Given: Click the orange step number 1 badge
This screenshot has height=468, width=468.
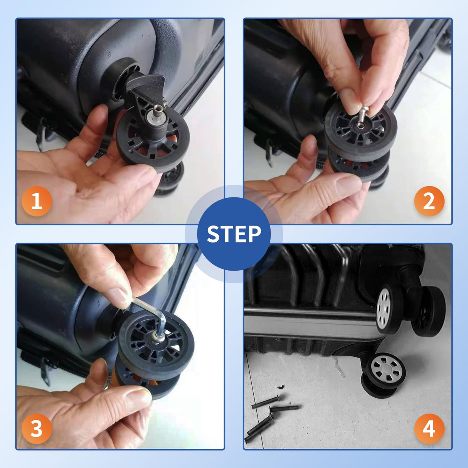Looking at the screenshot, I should tap(37, 201).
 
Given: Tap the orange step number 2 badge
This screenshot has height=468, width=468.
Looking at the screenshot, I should tap(429, 201).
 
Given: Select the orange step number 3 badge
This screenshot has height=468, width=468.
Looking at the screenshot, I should tap(37, 429).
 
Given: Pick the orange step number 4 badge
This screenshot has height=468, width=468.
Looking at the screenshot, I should tap(429, 429).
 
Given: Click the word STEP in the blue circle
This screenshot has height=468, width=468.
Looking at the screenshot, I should tap(234, 234).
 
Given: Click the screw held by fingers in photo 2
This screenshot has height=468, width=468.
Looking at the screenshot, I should tap(362, 116).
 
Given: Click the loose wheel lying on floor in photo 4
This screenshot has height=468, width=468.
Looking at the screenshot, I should tap(384, 374).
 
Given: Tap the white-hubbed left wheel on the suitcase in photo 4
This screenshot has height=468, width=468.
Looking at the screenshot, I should tap(387, 308).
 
